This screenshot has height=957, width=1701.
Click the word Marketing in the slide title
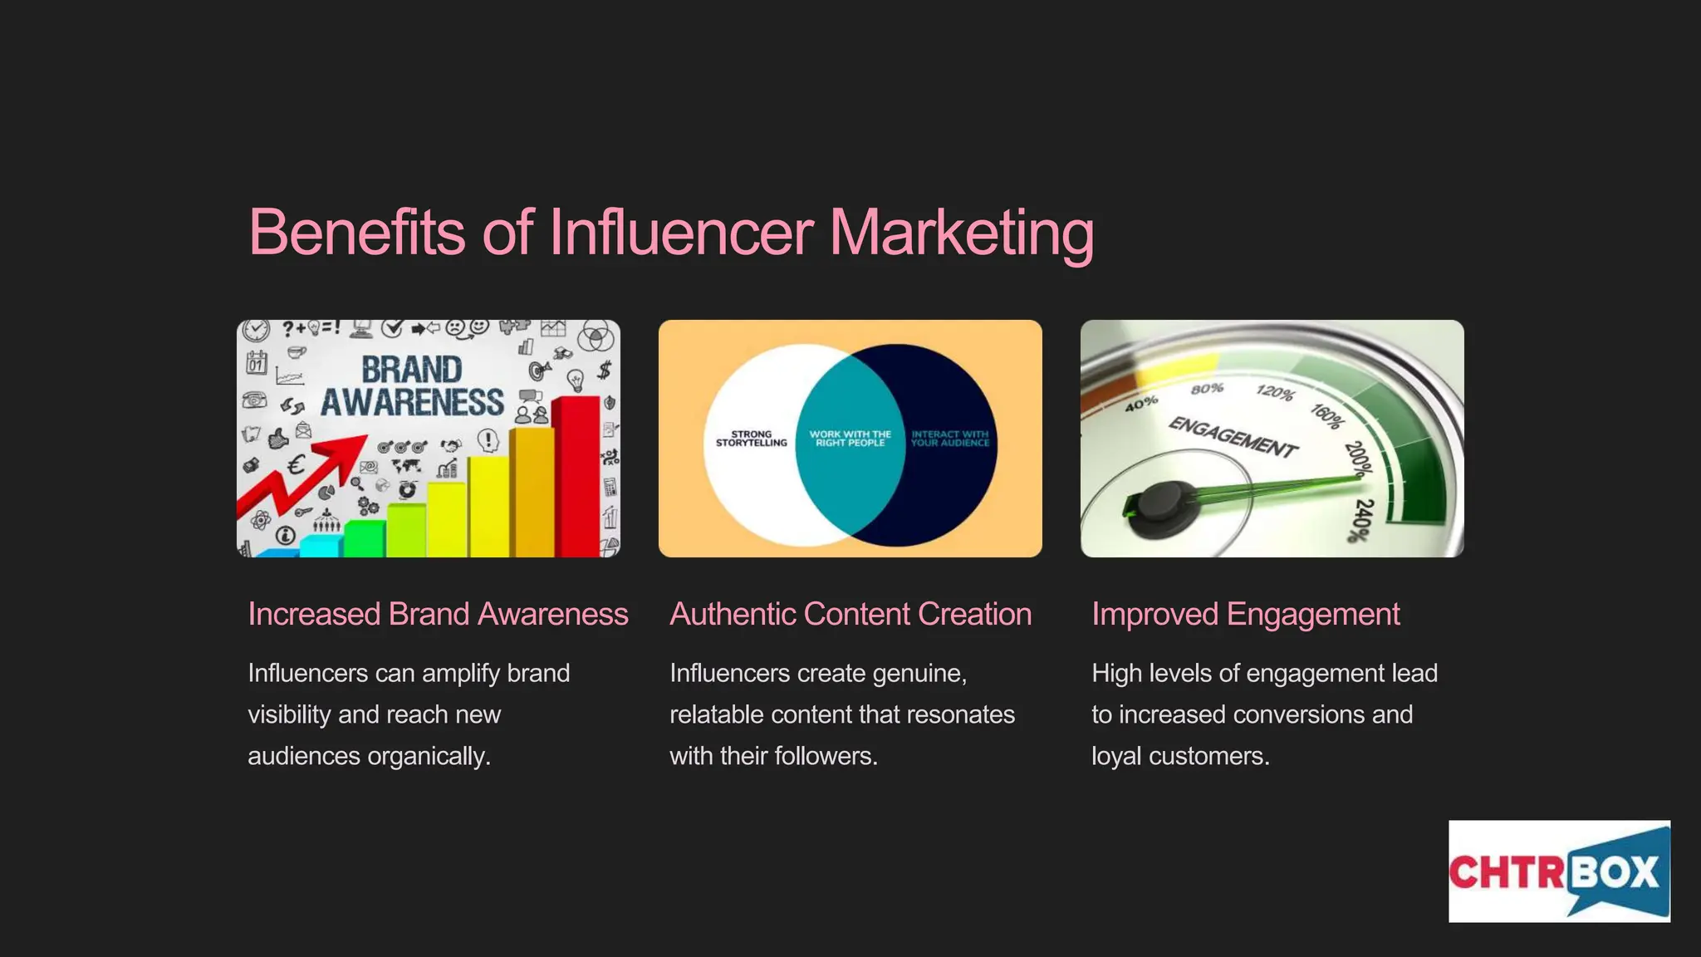click(x=962, y=233)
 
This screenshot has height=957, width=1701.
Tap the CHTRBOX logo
click(x=1558, y=871)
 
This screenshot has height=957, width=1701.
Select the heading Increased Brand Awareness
click(x=438, y=615)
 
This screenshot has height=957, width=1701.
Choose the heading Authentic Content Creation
click(x=850, y=615)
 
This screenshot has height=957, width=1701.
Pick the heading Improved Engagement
click(x=1245, y=615)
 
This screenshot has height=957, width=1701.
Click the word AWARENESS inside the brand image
click(x=412, y=403)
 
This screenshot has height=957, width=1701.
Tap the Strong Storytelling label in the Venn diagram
click(x=751, y=439)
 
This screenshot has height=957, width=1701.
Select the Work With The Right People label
click(x=850, y=439)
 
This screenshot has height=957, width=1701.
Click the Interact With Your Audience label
click(x=950, y=439)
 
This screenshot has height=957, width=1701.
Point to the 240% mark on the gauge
click(x=1361, y=520)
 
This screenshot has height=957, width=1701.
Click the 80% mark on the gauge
click(x=1207, y=389)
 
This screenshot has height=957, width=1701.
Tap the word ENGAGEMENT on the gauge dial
click(x=1233, y=437)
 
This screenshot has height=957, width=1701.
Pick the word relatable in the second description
click(x=716, y=715)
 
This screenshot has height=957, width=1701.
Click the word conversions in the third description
click(x=1303, y=715)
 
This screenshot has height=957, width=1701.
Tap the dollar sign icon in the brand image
click(x=605, y=370)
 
